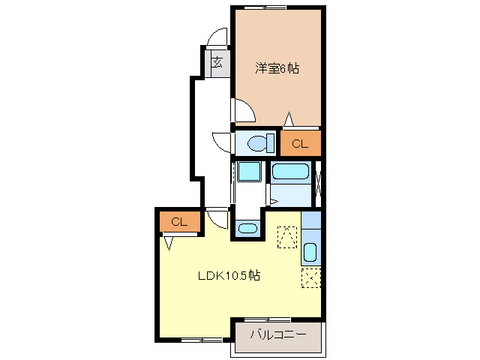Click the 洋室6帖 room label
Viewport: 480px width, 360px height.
tap(277, 68)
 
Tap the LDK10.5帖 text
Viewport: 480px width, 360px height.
tap(229, 275)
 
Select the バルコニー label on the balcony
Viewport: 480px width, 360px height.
tap(277, 335)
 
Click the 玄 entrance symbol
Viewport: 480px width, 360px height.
tap(216, 62)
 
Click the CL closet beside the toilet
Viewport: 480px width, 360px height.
tap(300, 143)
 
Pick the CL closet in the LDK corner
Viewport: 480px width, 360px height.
tap(178, 222)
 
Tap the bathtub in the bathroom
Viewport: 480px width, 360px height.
tap(291, 172)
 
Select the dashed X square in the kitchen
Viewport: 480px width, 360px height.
tap(311, 278)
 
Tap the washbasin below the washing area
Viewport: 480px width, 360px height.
tap(246, 228)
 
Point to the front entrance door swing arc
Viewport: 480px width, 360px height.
tap(217, 37)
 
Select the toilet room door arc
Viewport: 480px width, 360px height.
tap(223, 142)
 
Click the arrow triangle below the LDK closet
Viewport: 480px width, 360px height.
tap(169, 242)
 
